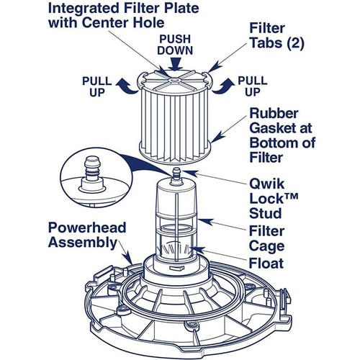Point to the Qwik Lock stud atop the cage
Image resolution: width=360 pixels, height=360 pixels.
click(x=176, y=173)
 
